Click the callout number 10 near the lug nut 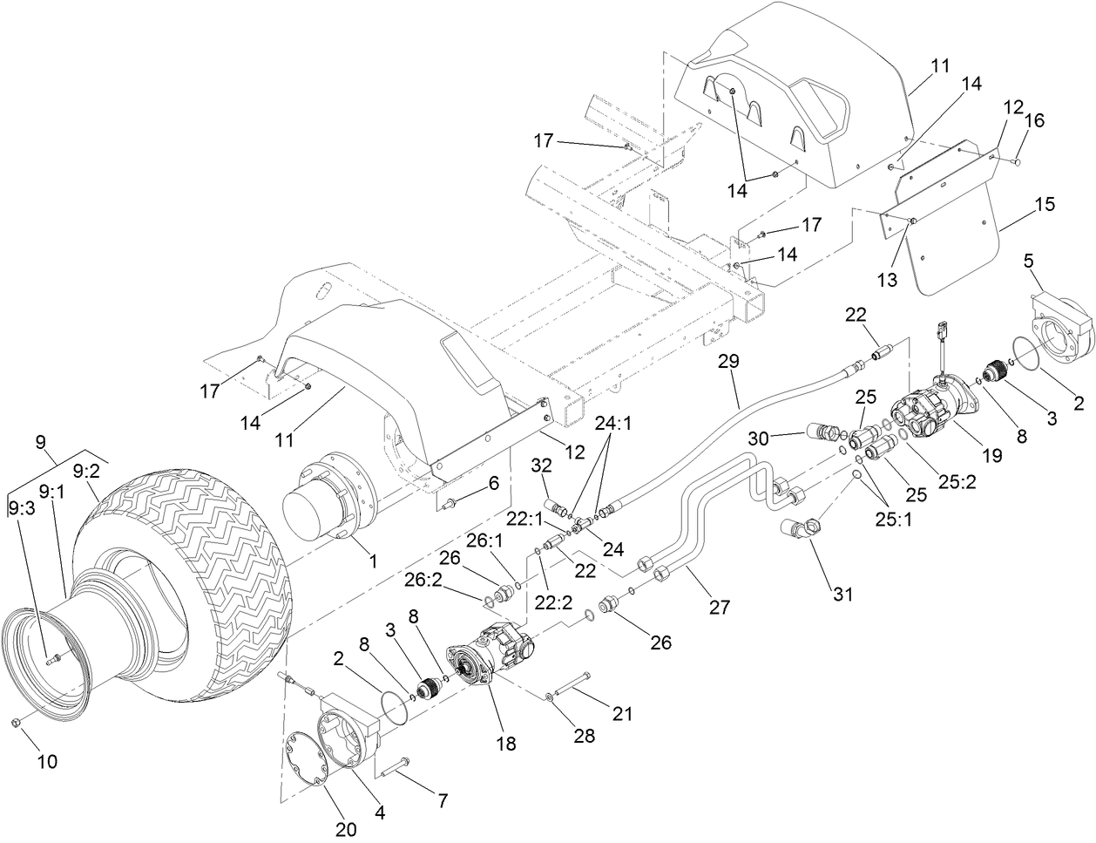[x=46, y=761]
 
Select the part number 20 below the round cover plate [x=346, y=830]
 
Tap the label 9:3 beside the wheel [x=22, y=506]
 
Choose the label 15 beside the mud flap [x=1045, y=205]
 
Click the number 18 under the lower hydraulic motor [x=505, y=744]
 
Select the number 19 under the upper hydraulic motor [x=991, y=454]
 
